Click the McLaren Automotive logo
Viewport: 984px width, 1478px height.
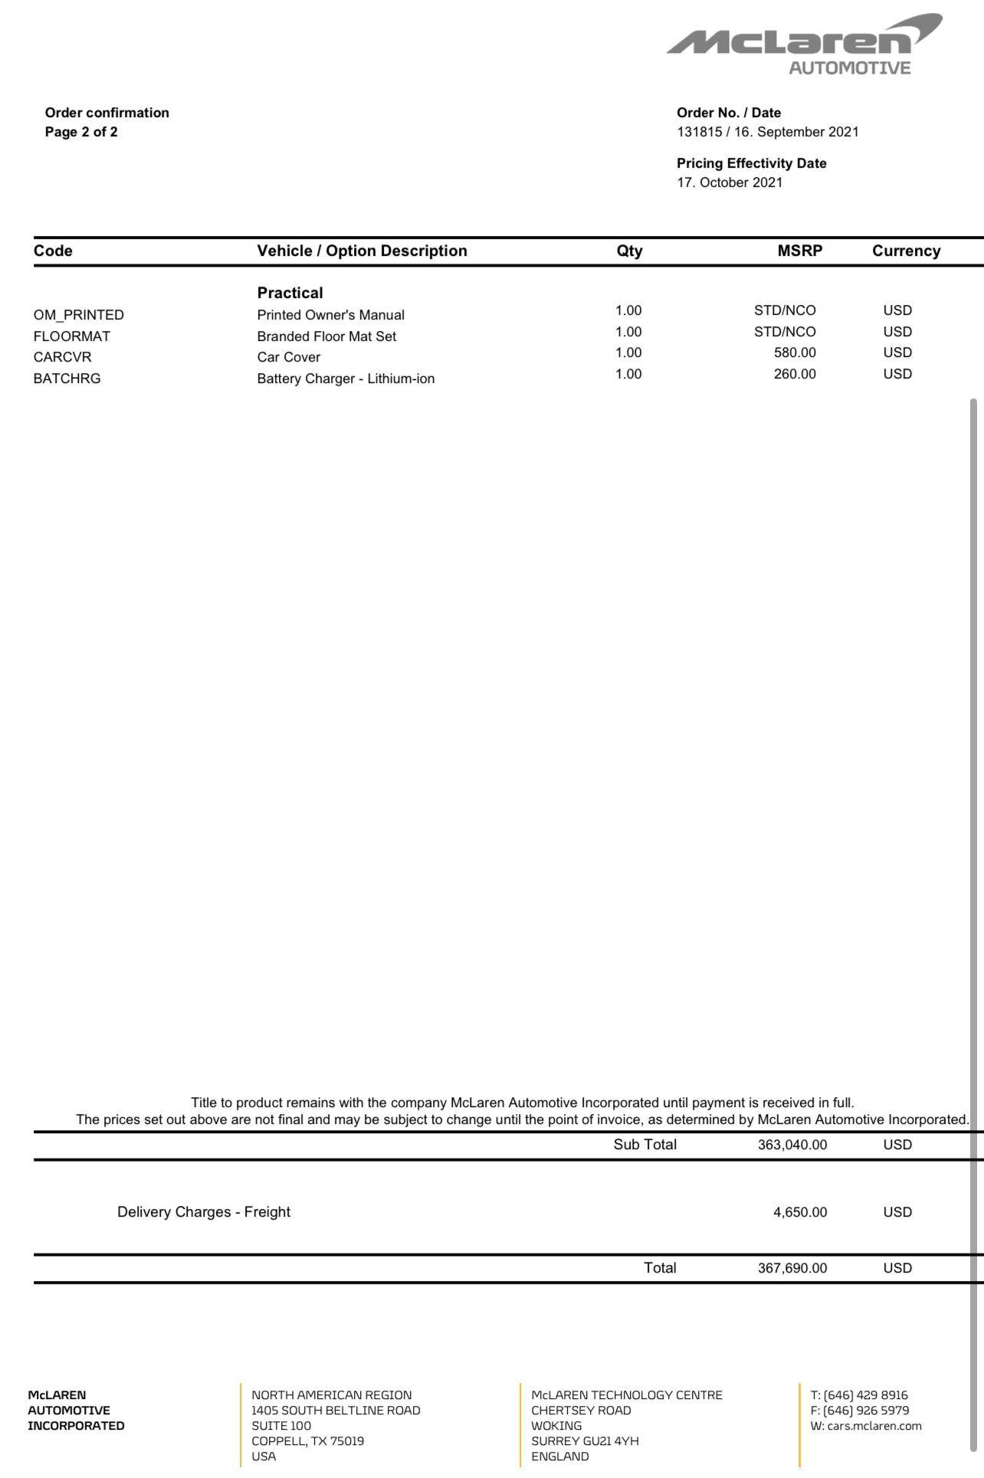pos(804,44)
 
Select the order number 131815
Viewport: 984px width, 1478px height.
pos(699,132)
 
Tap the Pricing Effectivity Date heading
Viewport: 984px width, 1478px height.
pos(751,163)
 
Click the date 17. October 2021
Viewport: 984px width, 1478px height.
pos(730,182)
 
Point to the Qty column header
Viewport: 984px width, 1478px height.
pos(629,251)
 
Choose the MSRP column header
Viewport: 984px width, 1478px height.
pos(799,251)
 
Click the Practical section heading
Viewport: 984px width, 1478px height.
pos(290,293)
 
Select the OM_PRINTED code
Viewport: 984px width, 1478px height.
pos(78,315)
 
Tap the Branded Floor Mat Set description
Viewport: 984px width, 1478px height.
pos(326,336)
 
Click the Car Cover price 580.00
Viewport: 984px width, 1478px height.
pos(795,352)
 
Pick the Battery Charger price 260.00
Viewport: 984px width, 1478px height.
pos(795,374)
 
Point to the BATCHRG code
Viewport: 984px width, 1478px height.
pos(67,379)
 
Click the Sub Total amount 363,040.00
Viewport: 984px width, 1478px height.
pos(792,1145)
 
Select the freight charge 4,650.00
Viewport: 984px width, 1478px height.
pos(800,1212)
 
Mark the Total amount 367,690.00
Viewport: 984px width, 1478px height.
pos(792,1268)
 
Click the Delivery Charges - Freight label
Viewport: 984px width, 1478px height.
pos(204,1212)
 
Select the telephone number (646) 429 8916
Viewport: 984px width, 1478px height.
pos(865,1395)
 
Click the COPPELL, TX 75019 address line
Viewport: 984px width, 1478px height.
pos(307,1441)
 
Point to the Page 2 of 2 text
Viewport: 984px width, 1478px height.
pos(81,132)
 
